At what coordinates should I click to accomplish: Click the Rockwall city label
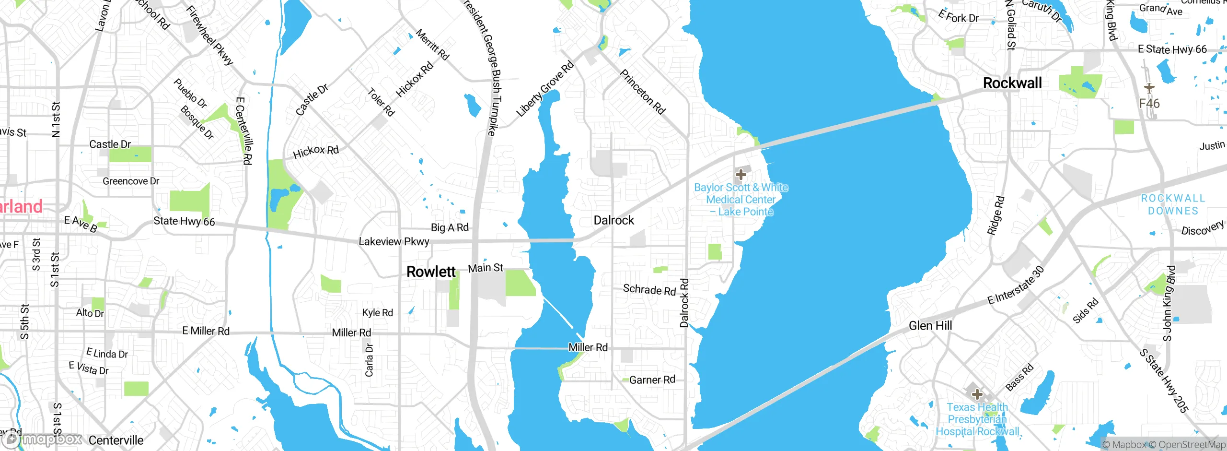click(x=1012, y=83)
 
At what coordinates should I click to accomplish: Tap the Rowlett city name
click(x=430, y=272)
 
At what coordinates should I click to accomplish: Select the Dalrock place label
click(x=613, y=220)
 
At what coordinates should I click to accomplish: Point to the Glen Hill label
click(x=930, y=326)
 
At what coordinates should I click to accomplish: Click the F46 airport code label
click(x=1149, y=104)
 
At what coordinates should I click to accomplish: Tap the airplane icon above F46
click(x=1149, y=88)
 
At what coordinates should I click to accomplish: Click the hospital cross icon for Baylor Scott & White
click(x=741, y=174)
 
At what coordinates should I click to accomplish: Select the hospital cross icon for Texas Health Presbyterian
click(x=977, y=394)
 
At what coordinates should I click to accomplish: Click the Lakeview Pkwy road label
click(x=394, y=241)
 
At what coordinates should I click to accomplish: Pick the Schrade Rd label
click(x=649, y=289)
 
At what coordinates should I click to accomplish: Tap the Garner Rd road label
click(x=652, y=380)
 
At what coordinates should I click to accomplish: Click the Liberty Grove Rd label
click(x=545, y=89)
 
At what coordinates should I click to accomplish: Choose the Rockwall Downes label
click(x=1173, y=204)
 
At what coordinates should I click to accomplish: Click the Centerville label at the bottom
click(x=116, y=440)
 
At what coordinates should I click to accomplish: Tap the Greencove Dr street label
click(x=130, y=181)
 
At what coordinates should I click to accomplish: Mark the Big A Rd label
click(x=450, y=227)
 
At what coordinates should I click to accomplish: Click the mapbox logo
click(x=43, y=439)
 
